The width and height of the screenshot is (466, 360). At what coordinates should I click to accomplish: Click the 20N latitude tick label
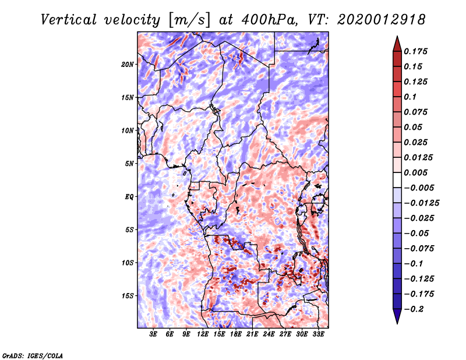(128, 64)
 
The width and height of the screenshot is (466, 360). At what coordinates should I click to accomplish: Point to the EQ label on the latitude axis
(129, 196)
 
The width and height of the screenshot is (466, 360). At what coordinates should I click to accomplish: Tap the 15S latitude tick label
(128, 295)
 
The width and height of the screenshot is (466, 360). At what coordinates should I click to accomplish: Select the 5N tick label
(129, 163)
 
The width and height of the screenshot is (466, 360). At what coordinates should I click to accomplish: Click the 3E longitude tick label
(153, 335)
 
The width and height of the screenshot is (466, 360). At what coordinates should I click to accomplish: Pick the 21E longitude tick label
(252, 335)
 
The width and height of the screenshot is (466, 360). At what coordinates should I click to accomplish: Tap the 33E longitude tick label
(318, 335)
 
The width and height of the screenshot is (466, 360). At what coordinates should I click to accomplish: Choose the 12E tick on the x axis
(203, 335)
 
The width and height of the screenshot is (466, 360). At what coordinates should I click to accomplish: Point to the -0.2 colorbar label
(417, 309)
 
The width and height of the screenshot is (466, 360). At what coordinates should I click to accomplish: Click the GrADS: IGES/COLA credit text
(32, 354)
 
